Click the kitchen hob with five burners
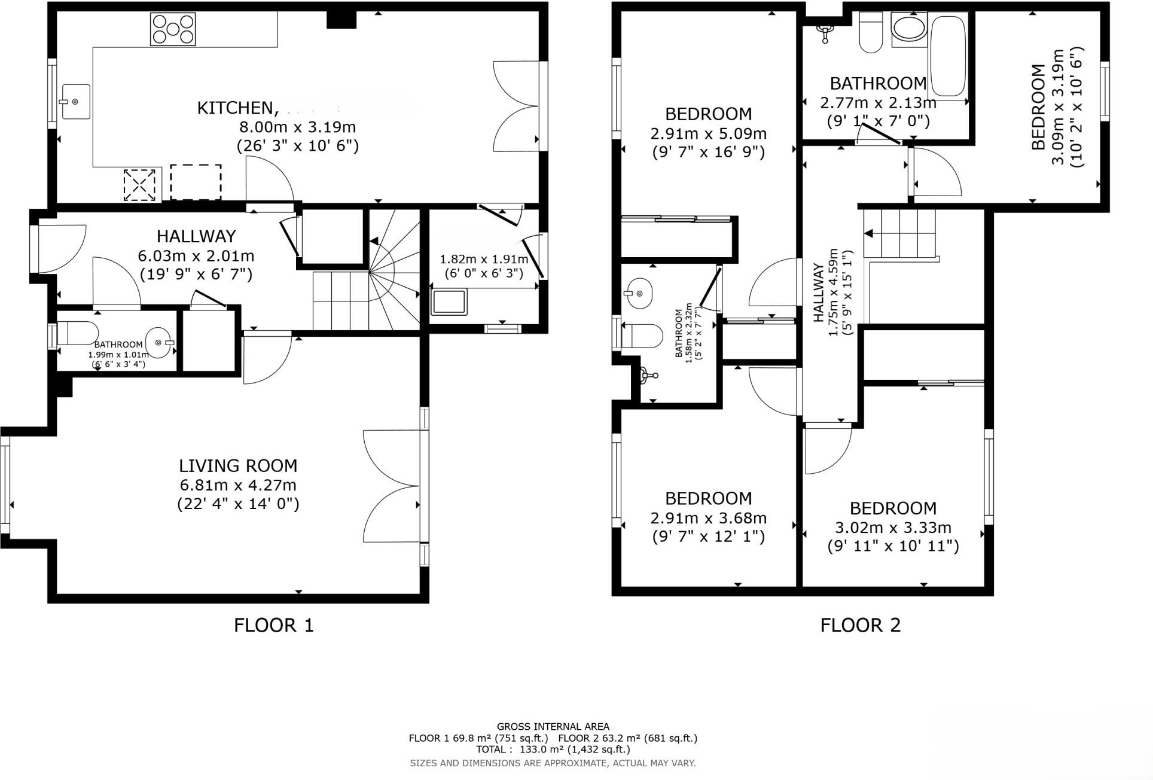tap(173, 29)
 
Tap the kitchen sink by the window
tap(75, 102)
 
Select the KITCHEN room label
tap(236, 108)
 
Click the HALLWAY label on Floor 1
tap(196, 236)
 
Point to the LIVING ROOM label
tap(238, 465)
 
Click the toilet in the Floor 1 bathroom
tap(78, 334)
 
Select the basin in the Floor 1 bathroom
tap(159, 342)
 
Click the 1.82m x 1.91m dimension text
tap(484, 260)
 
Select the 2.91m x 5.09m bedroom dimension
tap(708, 133)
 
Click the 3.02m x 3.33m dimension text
tap(892, 528)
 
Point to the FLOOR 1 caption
tap(273, 625)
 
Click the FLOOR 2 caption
tap(860, 625)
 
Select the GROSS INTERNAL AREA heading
tap(553, 727)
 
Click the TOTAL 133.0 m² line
tap(553, 749)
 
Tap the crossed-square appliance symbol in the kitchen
tap(139, 185)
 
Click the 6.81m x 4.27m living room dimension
tap(238, 485)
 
